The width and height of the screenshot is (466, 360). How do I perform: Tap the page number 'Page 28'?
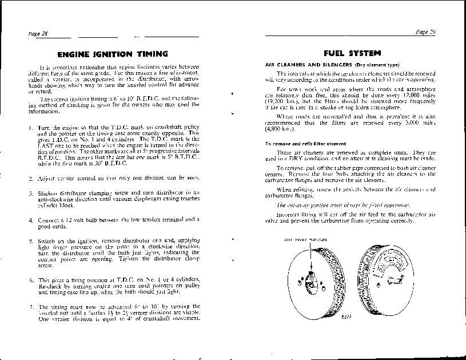click(x=38, y=34)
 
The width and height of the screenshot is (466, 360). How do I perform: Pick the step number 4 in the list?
click(x=30, y=220)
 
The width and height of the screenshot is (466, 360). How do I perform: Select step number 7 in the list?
click(x=30, y=307)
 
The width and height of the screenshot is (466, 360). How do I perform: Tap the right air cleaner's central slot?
click(x=394, y=279)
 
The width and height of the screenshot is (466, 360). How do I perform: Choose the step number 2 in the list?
click(x=30, y=178)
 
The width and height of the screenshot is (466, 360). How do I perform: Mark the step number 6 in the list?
click(x=30, y=280)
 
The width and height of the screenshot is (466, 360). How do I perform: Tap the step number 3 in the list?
click(x=30, y=192)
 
